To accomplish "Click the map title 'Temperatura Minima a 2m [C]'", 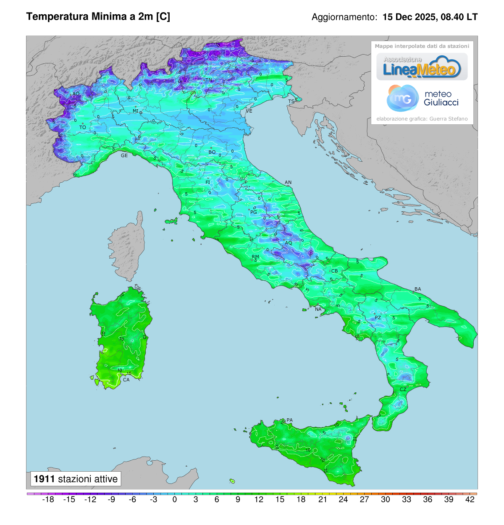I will click(98, 17).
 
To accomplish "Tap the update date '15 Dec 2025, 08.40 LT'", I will click(430, 17).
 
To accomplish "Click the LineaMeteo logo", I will click(422, 67).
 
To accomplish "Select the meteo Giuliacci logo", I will click(422, 98).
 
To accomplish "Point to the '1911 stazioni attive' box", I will click(76, 479).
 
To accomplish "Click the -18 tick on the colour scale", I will click(49, 499).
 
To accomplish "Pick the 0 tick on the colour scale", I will click(175, 499).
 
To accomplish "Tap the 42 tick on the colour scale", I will click(470, 499).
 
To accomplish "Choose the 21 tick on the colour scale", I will click(323, 499).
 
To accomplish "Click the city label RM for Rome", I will click(255, 257).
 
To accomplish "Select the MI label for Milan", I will click(136, 111).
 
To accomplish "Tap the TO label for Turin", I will click(83, 127).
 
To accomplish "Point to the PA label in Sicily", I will click(289, 420).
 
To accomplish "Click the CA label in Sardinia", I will click(126, 380).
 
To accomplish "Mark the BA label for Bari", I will click(417, 289).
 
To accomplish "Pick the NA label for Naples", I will click(318, 310).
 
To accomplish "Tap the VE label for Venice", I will click(249, 111).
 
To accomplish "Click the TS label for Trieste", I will click(291, 102).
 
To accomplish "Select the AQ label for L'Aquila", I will click(288, 243).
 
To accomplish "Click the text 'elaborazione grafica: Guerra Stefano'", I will click(422, 119).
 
